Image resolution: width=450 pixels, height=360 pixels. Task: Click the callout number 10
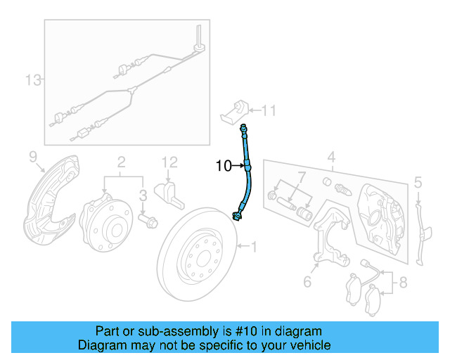(224, 167)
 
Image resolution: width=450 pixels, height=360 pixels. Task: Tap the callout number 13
(33, 80)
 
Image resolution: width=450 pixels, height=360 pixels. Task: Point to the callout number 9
(32, 155)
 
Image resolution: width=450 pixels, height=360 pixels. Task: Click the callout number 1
(255, 246)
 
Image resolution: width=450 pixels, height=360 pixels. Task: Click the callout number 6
(307, 282)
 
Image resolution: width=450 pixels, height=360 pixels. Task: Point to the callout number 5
(417, 184)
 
